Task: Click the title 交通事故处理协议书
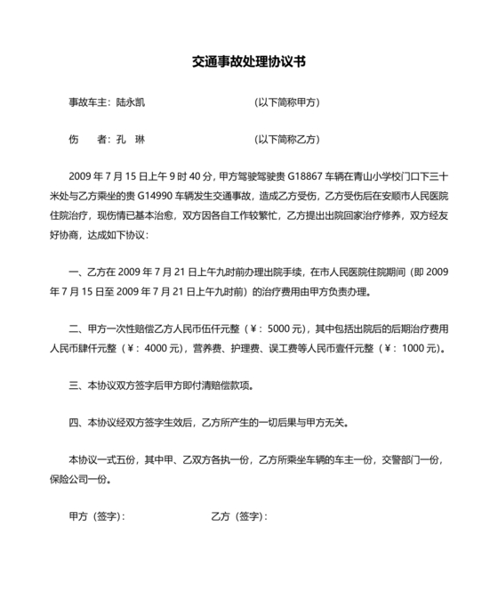click(249, 63)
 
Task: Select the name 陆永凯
click(131, 101)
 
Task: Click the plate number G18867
click(308, 176)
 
